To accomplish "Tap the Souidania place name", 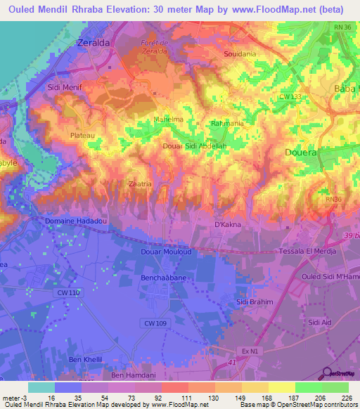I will click(239, 53).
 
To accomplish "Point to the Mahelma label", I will click(168, 119).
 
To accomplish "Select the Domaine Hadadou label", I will click(75, 221).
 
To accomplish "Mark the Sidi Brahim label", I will click(253, 301).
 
